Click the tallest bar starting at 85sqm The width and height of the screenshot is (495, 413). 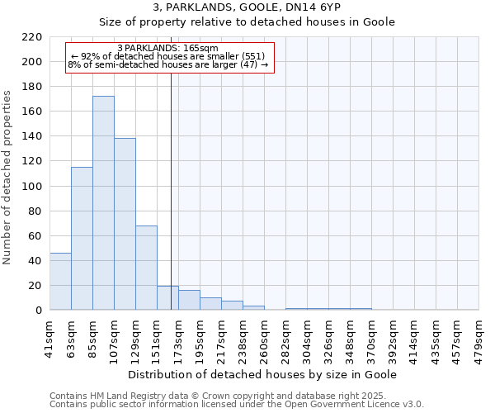103,203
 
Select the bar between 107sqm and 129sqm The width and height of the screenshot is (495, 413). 125,224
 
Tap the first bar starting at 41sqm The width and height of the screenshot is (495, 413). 60,282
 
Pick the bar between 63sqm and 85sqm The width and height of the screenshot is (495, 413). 82,239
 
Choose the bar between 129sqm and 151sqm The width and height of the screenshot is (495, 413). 146,268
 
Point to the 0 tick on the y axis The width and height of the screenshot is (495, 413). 39,311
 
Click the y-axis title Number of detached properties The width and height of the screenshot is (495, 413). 7,178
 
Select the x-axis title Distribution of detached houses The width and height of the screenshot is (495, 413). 264,374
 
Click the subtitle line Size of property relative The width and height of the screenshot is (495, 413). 247,22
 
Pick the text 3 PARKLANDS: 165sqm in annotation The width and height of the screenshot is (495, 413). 168,48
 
